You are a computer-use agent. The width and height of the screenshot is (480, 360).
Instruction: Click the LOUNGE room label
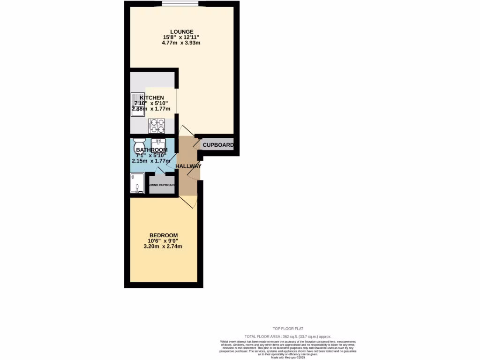pos(181,31)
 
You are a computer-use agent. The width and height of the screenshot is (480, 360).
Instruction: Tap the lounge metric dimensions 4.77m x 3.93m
pos(181,43)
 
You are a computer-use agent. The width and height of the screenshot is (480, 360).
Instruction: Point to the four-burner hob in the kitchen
pos(157,126)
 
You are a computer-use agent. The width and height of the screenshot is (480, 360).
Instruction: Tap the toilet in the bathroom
pos(140,142)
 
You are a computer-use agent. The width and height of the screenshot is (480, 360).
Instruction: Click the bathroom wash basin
pos(158,142)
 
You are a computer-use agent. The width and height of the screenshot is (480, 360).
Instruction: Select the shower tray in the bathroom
pos(137,182)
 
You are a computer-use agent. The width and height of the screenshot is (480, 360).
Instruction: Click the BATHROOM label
pos(151,150)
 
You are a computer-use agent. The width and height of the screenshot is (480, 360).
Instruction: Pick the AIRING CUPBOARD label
pos(162,186)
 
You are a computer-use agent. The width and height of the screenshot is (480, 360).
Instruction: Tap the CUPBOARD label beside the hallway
pos(218,145)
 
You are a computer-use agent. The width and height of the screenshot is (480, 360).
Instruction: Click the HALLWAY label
pos(188,166)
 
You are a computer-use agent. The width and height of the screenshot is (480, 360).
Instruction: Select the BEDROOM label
pos(164,235)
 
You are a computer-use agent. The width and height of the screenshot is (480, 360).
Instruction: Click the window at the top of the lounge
pos(180,5)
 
